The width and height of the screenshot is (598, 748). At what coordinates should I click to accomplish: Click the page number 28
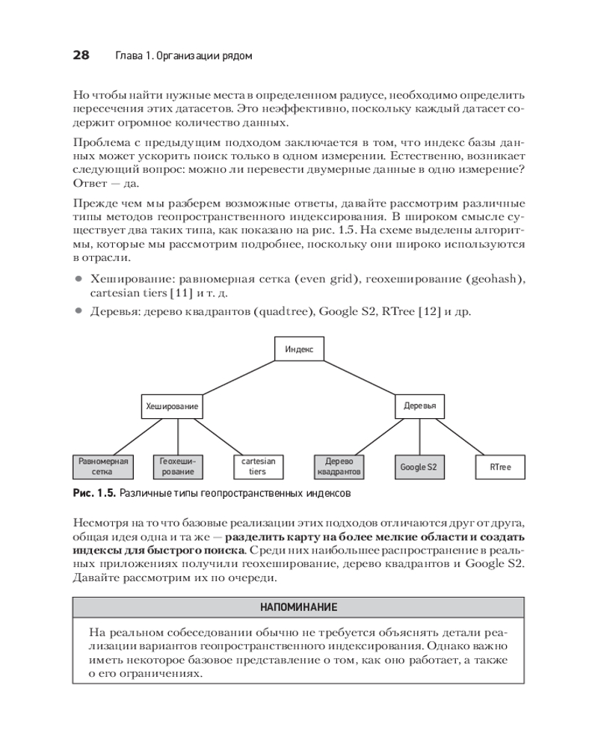[81, 56]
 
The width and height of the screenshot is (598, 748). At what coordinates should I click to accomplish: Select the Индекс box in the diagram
[299, 349]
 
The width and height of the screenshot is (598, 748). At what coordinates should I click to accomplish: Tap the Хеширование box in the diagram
[172, 406]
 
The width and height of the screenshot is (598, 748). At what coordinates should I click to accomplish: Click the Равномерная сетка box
[102, 467]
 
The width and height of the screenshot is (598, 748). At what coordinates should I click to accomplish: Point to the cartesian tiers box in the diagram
[257, 467]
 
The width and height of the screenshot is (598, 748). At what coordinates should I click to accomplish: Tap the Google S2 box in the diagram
[418, 467]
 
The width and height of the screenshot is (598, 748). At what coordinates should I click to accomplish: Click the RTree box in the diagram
[501, 467]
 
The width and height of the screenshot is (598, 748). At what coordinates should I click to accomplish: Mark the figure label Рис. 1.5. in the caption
[94, 494]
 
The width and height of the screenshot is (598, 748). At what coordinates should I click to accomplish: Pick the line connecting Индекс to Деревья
[360, 377]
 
